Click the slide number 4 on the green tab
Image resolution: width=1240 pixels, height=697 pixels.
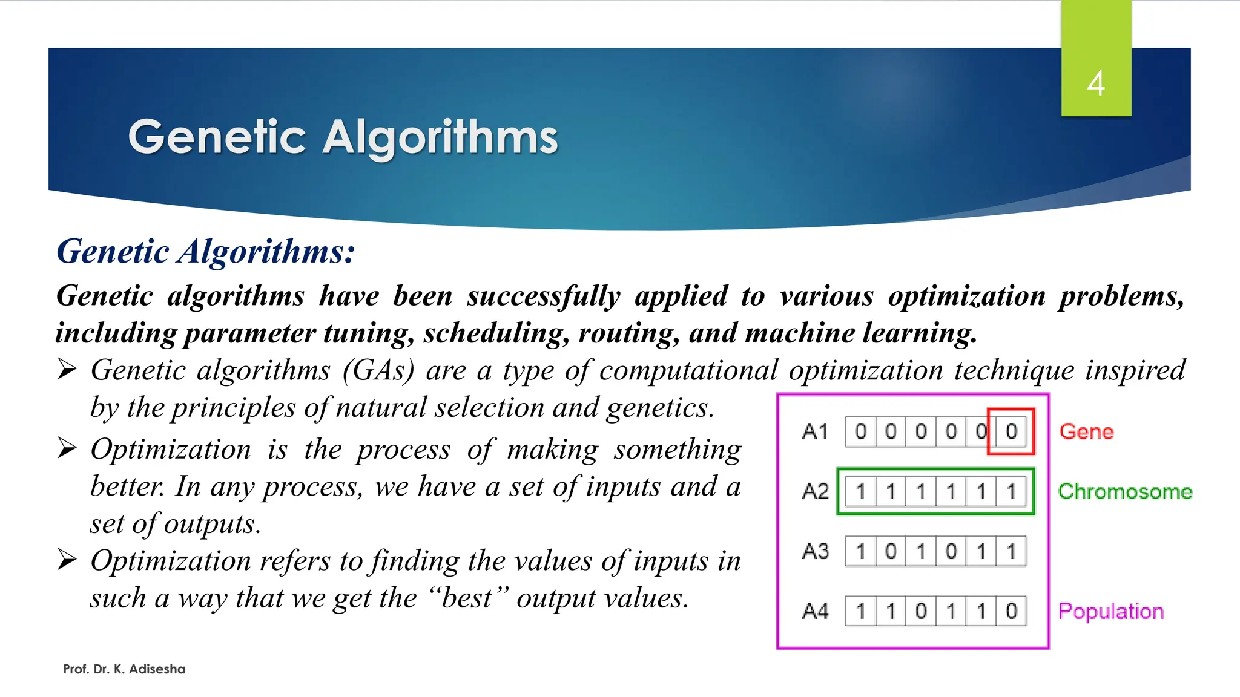[x=1096, y=83]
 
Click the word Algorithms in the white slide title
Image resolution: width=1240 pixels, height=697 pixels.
[x=440, y=137]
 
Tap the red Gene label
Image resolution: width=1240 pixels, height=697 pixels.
[x=1086, y=431]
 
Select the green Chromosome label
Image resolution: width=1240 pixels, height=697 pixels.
[x=1124, y=491]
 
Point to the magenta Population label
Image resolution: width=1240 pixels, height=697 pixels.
[x=1110, y=611]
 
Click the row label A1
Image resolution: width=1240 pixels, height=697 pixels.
[x=815, y=431]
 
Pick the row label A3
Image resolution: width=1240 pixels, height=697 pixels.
[x=815, y=551]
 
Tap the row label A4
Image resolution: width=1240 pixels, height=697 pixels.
[x=815, y=611]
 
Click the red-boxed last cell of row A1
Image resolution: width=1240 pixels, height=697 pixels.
[x=1011, y=431]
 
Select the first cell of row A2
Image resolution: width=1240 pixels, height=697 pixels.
[x=860, y=491]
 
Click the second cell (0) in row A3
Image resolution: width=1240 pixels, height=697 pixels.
[x=891, y=551]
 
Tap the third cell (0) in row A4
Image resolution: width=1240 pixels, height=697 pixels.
[x=921, y=611]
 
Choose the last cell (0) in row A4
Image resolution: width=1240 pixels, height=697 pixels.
[x=1011, y=611]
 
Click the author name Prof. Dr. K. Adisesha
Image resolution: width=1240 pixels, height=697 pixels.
[x=124, y=669]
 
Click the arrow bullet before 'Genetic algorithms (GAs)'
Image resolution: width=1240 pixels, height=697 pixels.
[x=67, y=368]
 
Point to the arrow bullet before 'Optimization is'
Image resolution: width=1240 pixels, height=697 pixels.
[x=67, y=448]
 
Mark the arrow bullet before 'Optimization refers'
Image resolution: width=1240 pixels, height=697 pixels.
[x=67, y=560]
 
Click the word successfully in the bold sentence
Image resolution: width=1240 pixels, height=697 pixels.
[x=543, y=296]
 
